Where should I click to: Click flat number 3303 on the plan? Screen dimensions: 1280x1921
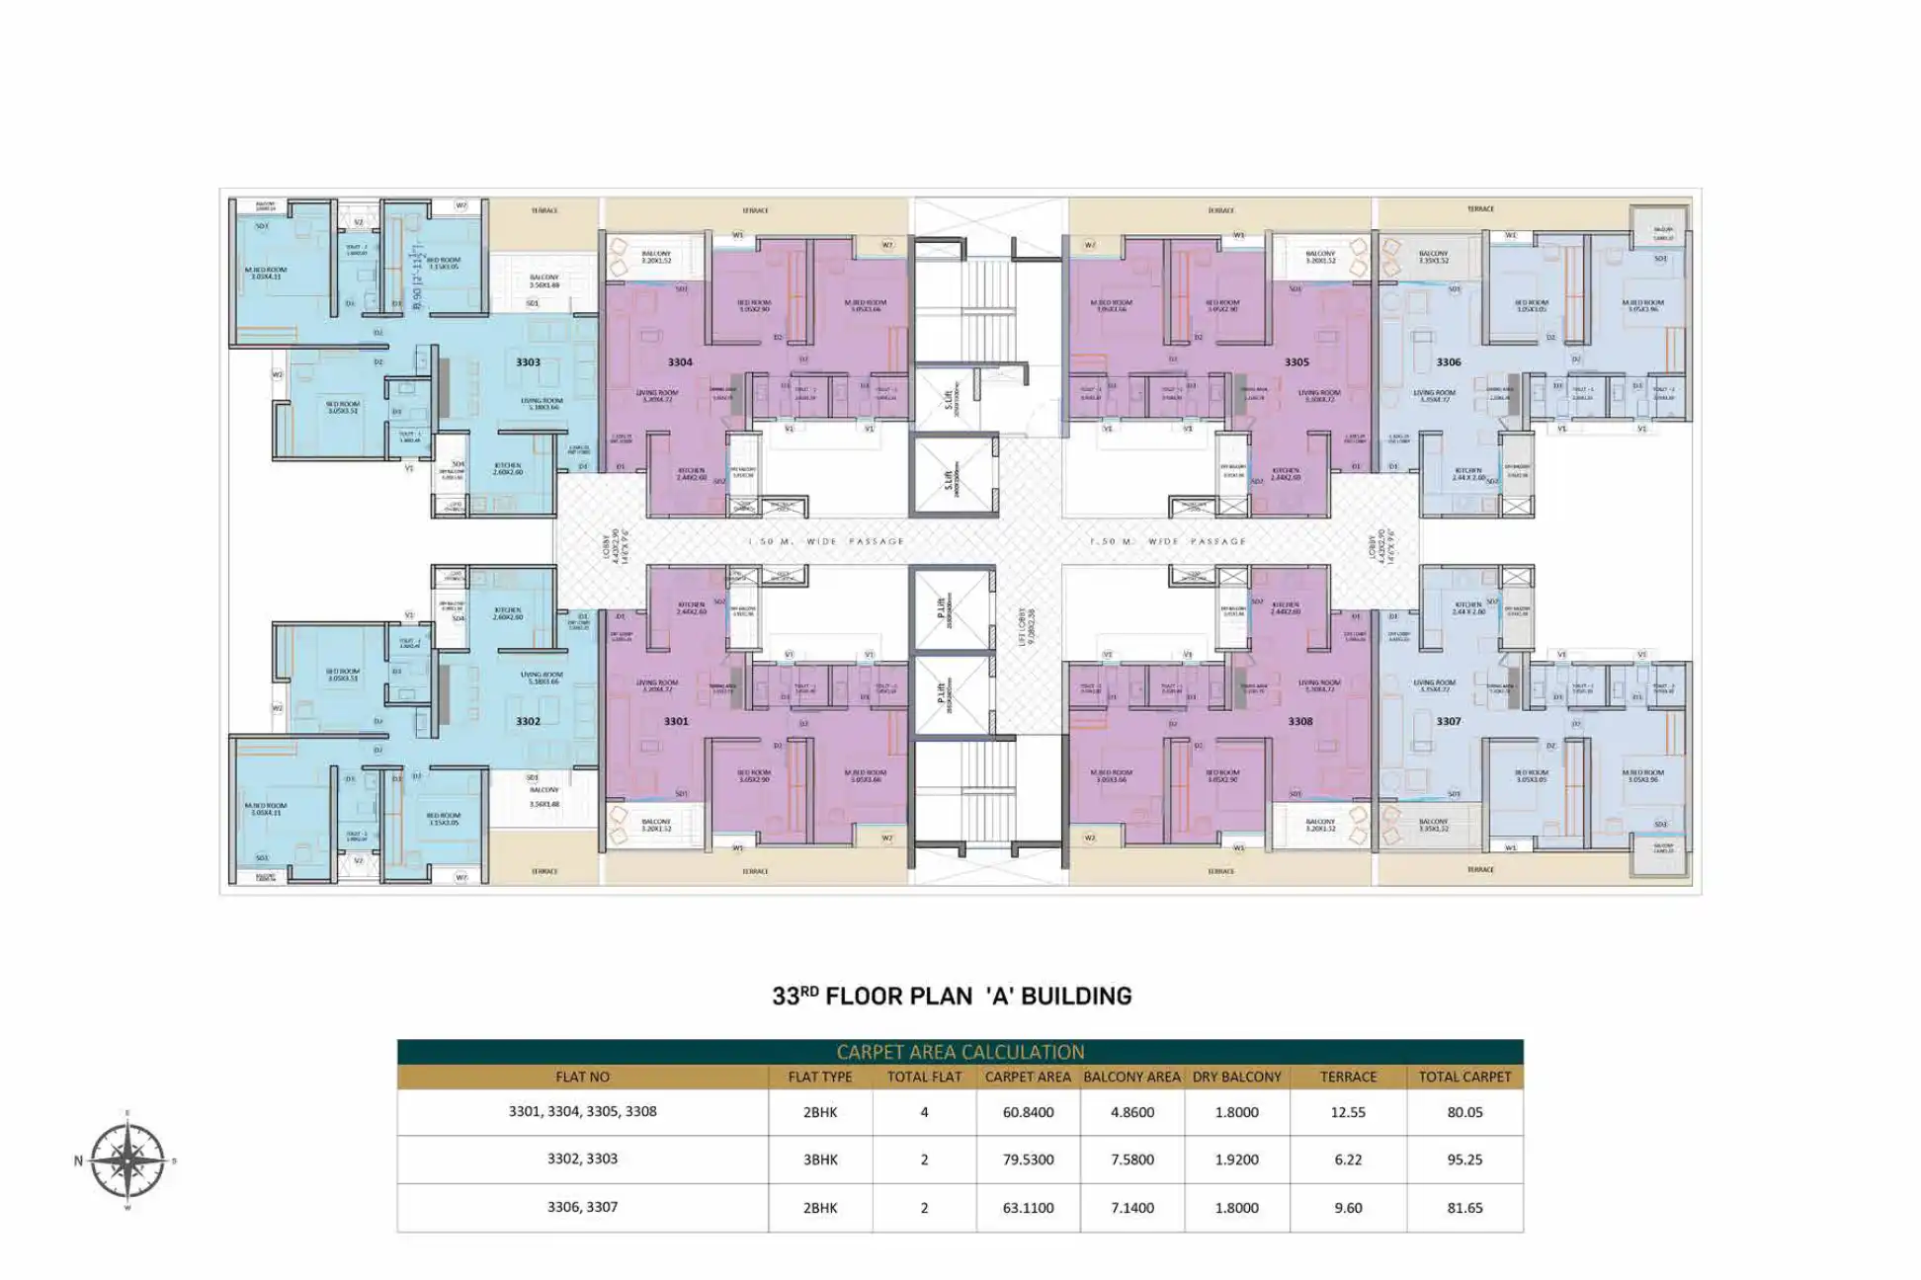528,362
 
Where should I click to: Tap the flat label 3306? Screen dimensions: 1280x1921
1449,362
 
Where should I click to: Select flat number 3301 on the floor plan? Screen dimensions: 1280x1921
676,722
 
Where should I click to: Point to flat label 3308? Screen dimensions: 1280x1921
1300,722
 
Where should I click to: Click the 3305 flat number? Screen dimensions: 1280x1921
1296,362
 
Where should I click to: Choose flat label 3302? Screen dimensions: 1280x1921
528,722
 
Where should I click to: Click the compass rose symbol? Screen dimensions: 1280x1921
127,1160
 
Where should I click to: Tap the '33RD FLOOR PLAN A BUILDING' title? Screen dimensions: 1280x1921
952,996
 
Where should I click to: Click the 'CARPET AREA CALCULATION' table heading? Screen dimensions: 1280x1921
960,1052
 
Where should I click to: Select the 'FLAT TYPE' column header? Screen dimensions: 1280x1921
820,1077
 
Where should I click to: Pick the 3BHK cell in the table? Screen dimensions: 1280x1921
820,1160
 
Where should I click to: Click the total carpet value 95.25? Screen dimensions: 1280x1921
1464,1160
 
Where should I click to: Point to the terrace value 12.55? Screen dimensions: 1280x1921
1348,1112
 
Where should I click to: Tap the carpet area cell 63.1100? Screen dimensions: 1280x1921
1028,1207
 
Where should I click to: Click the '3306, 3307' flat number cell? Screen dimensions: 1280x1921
582,1207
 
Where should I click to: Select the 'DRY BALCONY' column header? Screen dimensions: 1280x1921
1236,1077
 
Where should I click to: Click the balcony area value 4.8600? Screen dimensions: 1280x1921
1131,1112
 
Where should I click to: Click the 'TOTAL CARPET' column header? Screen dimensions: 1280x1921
1464,1077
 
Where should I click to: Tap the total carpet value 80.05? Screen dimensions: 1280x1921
1464,1112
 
